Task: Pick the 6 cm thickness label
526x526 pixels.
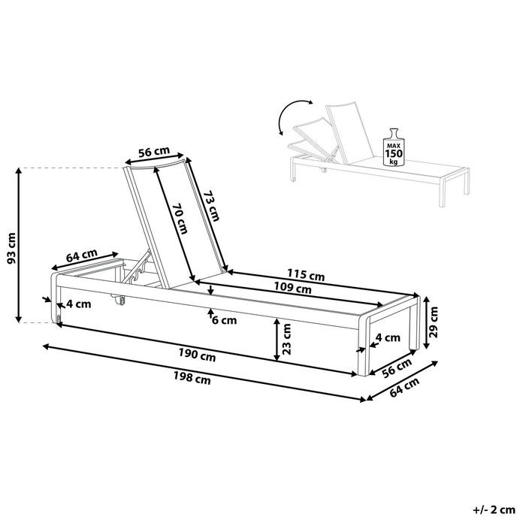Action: coord(224,320)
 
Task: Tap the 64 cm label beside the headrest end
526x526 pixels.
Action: coord(81,255)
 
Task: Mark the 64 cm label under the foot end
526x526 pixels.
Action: coord(407,388)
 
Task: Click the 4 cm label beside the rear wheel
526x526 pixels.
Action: coord(77,304)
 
